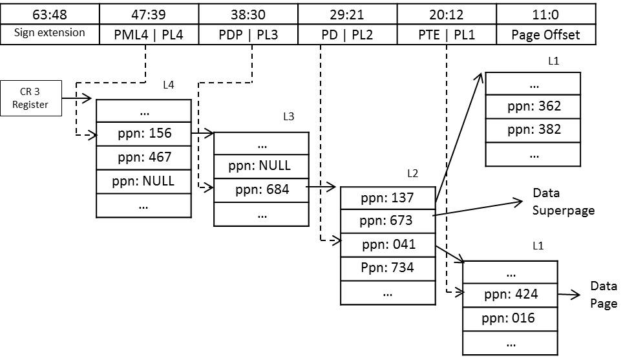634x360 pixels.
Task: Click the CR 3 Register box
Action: pos(32,98)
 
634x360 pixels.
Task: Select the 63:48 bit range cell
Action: pos(50,13)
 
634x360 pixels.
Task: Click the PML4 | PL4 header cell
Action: pos(149,34)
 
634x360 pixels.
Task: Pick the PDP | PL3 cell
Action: pos(248,34)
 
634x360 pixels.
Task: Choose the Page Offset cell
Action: pos(545,34)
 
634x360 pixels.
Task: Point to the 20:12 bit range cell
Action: pos(447,13)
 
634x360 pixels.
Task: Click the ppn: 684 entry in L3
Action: pos(261,190)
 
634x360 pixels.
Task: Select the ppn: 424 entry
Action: pos(510,295)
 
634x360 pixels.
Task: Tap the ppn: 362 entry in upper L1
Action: pos(533,107)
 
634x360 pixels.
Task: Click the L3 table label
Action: pos(289,117)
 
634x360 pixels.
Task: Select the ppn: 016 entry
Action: pos(510,319)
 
